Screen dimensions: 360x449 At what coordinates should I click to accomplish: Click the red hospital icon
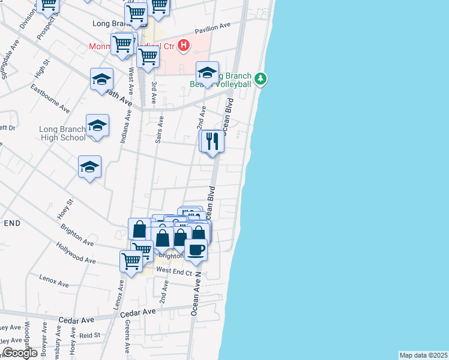tap(184, 45)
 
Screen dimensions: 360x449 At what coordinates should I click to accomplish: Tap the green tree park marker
tap(260, 79)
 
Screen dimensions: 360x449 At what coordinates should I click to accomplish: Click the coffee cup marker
tap(196, 249)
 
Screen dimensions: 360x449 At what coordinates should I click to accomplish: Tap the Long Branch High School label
tap(62, 133)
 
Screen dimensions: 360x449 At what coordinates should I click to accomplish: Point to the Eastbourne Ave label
tap(51, 98)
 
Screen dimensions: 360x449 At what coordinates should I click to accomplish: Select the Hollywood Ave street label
tap(76, 253)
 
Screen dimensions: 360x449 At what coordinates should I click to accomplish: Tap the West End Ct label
tap(174, 271)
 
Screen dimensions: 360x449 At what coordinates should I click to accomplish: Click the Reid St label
tap(89, 336)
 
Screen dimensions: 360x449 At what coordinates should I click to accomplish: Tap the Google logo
tap(20, 353)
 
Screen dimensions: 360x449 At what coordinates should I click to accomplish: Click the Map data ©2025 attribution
tap(424, 355)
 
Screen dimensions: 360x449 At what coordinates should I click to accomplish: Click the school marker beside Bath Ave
tap(101, 79)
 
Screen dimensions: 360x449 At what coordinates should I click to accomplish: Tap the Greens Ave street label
tap(128, 336)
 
